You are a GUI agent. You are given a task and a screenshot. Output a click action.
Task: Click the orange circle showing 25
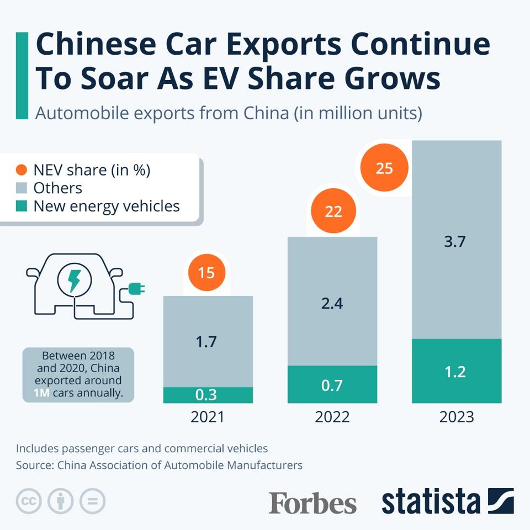click(384, 168)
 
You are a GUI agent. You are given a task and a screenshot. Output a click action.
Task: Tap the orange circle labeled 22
click(333, 211)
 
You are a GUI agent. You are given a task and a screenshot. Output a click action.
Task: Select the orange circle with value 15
click(206, 272)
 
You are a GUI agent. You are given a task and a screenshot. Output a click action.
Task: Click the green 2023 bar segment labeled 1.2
click(457, 371)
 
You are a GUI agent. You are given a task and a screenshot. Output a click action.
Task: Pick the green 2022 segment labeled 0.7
click(332, 384)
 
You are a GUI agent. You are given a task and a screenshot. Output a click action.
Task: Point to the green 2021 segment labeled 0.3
click(208, 395)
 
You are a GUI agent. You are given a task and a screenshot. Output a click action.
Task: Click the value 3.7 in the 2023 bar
click(455, 241)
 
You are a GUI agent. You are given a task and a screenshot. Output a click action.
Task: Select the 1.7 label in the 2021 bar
click(207, 342)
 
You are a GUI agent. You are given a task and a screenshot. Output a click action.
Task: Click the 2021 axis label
click(208, 417)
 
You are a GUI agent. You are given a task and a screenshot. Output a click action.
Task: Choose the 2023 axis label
click(457, 417)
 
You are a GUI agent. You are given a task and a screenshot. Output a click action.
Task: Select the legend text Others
click(57, 188)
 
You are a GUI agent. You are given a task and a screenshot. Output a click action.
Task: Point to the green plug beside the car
click(136, 288)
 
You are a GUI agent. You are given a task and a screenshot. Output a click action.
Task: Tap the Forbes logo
click(312, 503)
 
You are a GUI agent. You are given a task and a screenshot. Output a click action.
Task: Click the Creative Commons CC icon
click(29, 501)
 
